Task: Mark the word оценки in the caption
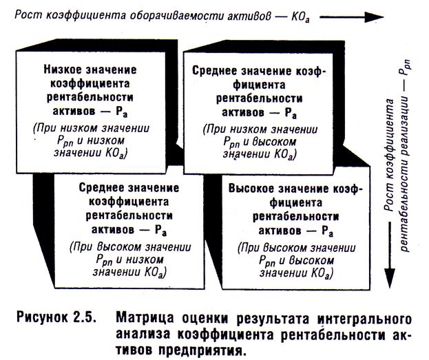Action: pos(202,319)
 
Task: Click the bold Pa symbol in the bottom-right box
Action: pos(326,231)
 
